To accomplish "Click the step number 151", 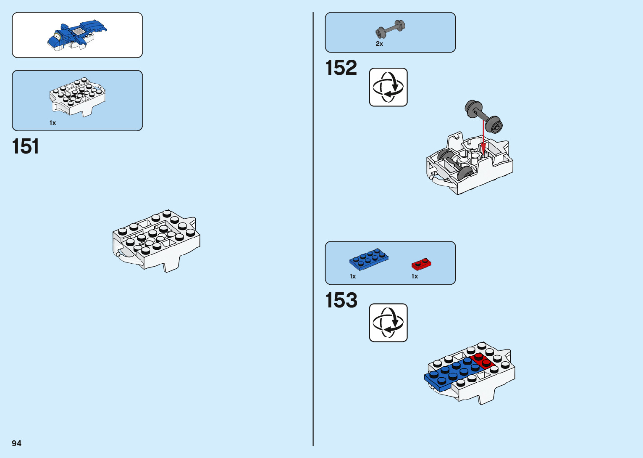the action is tap(26, 146).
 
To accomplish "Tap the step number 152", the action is tap(341, 68).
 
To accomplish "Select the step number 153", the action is tap(341, 300).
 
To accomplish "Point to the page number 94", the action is tap(16, 443).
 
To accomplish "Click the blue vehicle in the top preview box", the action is tap(77, 35).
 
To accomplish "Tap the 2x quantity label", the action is tap(379, 44).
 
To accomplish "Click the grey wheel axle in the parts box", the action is tap(390, 29).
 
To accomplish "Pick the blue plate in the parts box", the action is tap(368, 259).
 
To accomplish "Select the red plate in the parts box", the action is tap(421, 264).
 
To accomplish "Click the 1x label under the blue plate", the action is tap(353, 276).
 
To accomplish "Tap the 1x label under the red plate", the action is tap(415, 276).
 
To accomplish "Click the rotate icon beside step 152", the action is tap(388, 87).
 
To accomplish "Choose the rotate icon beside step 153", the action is tap(388, 323).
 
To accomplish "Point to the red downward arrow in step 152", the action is tap(483, 135).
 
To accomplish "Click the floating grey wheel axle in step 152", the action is tap(484, 116).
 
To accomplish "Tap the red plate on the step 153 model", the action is tap(482, 361).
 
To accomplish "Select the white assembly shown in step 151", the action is tap(156, 240).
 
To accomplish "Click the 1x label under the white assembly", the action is tap(52, 123).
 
